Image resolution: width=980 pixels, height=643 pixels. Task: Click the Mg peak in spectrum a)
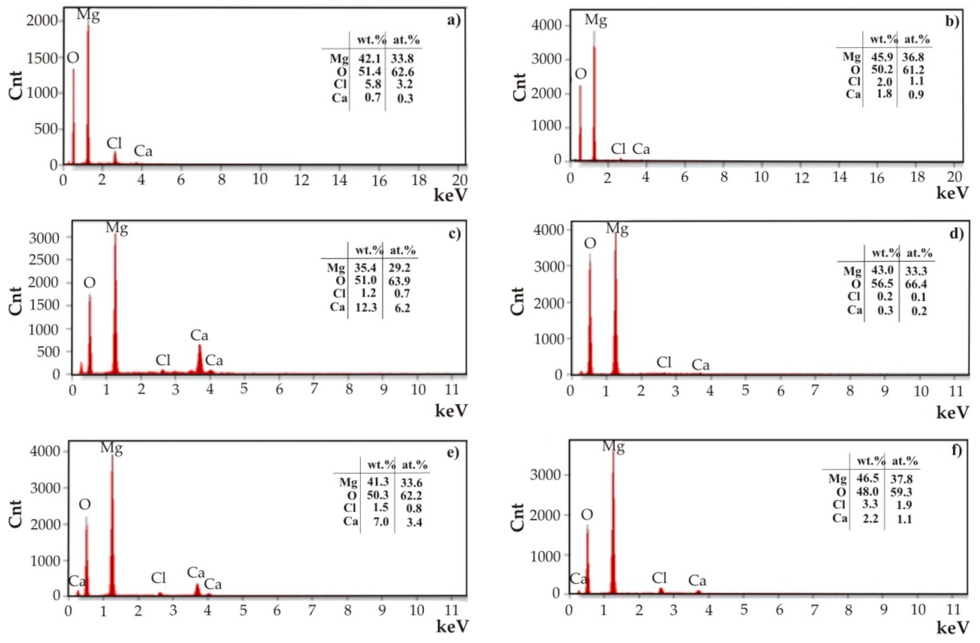click(x=88, y=95)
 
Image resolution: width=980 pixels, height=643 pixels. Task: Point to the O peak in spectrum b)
click(x=580, y=123)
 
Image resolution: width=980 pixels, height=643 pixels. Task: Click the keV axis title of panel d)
click(x=953, y=413)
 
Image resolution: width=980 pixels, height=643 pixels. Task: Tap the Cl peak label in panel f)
click(x=659, y=578)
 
